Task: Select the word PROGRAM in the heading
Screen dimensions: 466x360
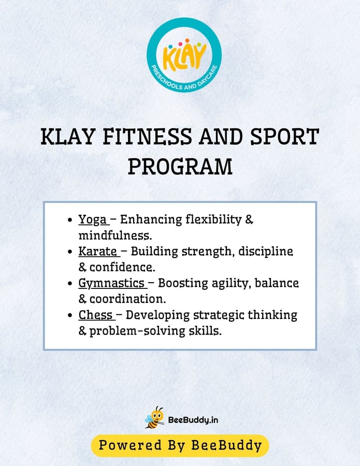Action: [x=180, y=167]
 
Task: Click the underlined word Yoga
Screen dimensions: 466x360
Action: [x=92, y=220]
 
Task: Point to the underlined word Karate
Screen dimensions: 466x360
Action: [x=97, y=252]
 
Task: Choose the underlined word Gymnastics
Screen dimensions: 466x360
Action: [x=111, y=283]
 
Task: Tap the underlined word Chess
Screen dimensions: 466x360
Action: [x=95, y=315]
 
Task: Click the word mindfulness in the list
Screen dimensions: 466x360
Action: [x=115, y=236]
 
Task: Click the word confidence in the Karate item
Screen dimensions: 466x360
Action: [x=122, y=268]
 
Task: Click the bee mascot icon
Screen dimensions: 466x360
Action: [x=154, y=417]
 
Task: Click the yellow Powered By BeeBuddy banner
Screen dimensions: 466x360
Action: [x=180, y=445]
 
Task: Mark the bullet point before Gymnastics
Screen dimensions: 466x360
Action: [x=70, y=284]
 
